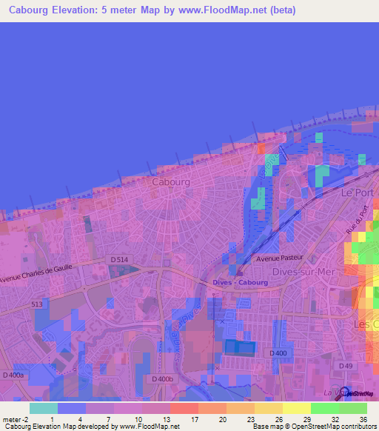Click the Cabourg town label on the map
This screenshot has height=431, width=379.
[x=171, y=181]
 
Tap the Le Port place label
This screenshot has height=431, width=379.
[x=356, y=192]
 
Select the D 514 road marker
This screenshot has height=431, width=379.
[x=118, y=259]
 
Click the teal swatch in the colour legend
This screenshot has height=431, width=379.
[x=43, y=408]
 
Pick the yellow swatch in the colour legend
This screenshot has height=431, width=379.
[x=296, y=408]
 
